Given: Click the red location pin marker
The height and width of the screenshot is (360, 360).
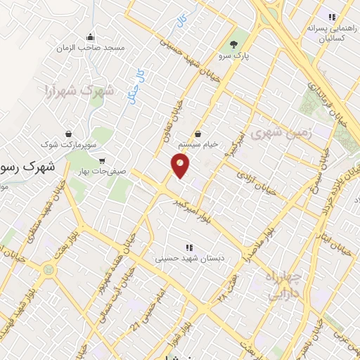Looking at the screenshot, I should pyautogui.click(x=181, y=167).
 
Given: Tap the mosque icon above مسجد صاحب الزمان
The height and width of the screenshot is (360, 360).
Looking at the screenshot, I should pyautogui.click(x=90, y=37).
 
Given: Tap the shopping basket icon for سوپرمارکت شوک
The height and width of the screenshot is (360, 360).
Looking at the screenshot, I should pyautogui.click(x=68, y=133).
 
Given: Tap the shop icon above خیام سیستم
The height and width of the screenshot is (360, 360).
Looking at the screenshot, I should pyautogui.click(x=198, y=134).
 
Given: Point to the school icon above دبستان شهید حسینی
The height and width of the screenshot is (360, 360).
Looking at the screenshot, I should pyautogui.click(x=188, y=247).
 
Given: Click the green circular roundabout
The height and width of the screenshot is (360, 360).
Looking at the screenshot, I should pyautogui.click(x=48, y=269).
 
